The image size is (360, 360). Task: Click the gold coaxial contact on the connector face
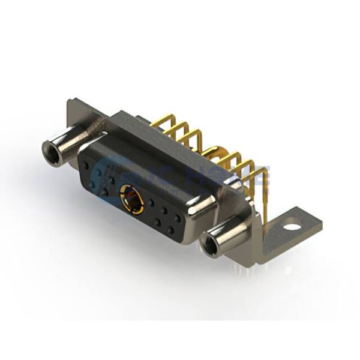coord(131,200)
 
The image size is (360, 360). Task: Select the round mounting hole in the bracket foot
coord(291,227)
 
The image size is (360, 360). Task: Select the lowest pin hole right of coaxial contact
coord(171,231)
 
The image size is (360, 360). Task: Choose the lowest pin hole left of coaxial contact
coord(106,193)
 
